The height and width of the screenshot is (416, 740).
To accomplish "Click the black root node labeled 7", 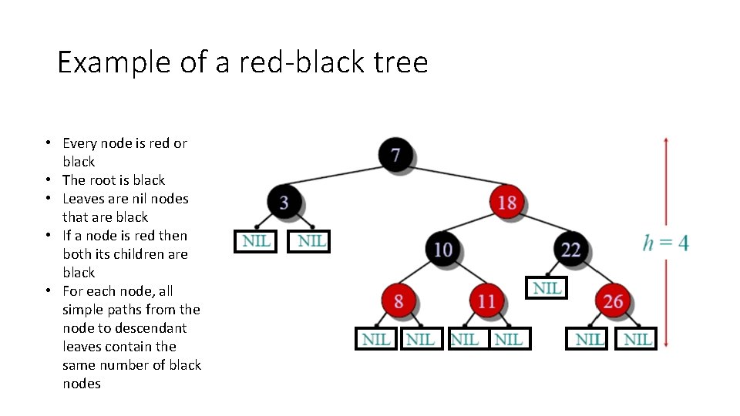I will (395, 154).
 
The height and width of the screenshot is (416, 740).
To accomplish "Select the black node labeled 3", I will (284, 202).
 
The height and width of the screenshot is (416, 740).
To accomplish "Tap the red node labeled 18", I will (506, 202).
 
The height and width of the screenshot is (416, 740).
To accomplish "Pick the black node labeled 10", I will (442, 249).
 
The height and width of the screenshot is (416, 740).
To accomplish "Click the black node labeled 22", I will (570, 249).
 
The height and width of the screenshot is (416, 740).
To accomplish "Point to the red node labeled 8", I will (398, 300).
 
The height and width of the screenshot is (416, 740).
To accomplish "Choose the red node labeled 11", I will (486, 300).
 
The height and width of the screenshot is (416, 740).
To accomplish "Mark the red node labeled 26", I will (613, 300).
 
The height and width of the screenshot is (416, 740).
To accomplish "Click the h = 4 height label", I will (666, 243).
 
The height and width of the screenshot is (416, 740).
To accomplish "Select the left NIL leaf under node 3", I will (256, 241).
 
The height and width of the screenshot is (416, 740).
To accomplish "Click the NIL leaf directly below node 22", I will (547, 287).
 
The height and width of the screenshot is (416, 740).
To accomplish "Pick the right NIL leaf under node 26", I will (637, 339).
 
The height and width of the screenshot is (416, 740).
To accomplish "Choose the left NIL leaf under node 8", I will (376, 339).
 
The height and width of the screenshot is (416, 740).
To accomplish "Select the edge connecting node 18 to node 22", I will (539, 226).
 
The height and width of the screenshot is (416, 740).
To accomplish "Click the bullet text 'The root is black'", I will (113, 180).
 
